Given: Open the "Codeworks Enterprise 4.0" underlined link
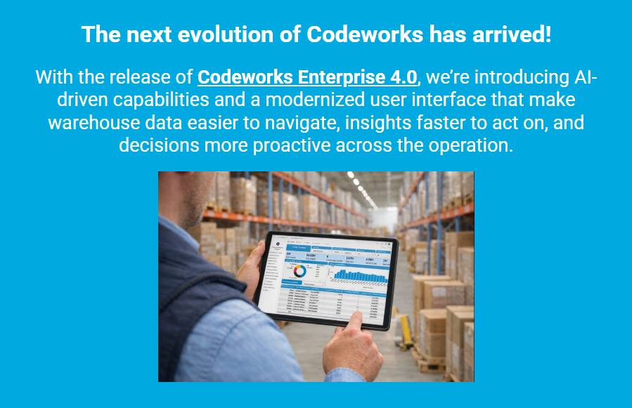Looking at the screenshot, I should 308,77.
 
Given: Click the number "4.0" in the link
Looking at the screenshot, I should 404,77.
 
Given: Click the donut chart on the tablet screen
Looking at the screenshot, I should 299,270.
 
